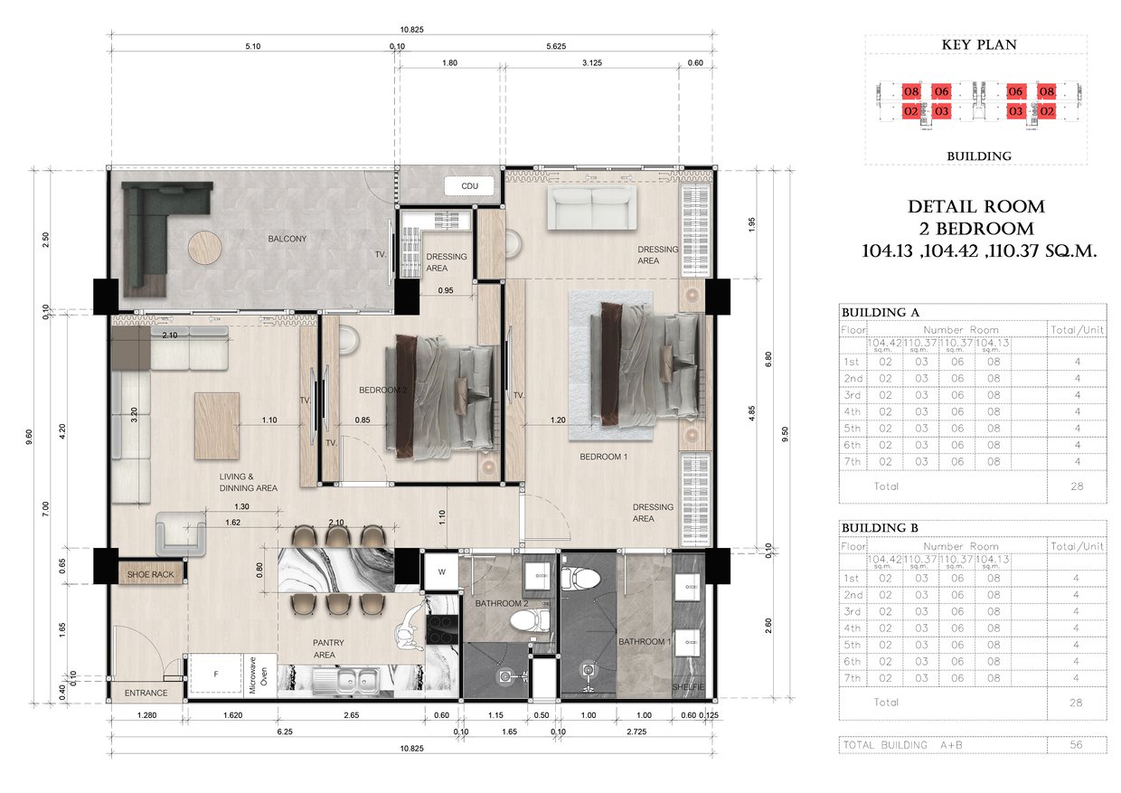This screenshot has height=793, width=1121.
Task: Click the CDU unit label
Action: tap(469, 186)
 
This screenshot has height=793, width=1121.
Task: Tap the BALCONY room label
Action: tap(287, 239)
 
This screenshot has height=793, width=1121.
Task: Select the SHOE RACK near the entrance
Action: tap(149, 573)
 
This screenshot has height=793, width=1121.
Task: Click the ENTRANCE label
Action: tap(146, 693)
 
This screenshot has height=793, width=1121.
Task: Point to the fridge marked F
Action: tap(216, 675)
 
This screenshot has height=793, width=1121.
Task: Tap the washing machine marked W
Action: tap(441, 571)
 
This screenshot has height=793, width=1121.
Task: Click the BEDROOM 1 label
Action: tap(603, 457)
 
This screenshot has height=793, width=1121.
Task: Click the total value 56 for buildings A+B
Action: tap(1076, 744)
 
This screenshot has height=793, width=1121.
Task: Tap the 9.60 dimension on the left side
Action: tap(31, 434)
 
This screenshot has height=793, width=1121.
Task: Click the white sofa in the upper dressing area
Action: tap(587, 209)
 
